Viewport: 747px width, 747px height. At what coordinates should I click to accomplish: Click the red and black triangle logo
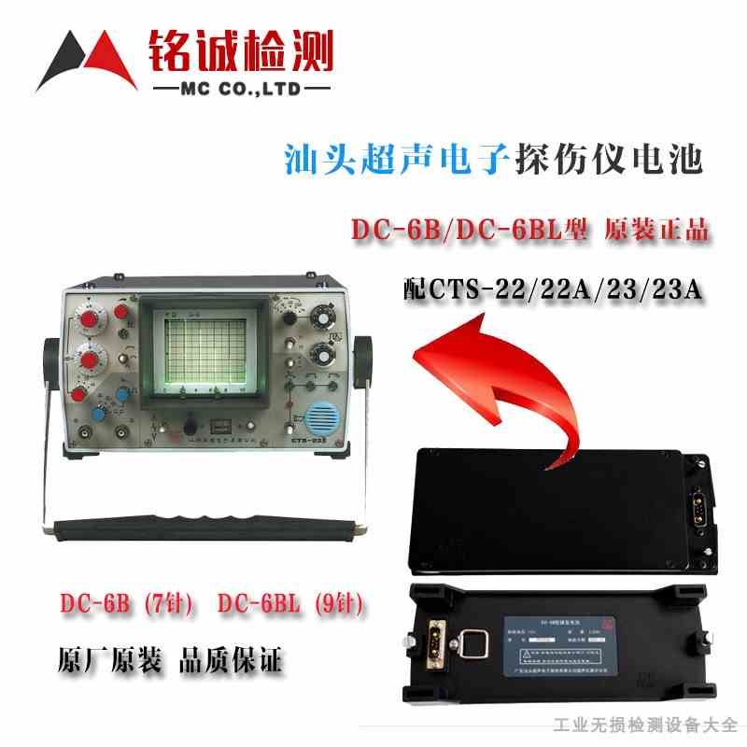[x=84, y=61]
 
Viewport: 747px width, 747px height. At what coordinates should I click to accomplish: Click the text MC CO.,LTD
[x=240, y=91]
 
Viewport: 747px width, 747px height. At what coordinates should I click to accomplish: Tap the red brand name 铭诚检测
[x=240, y=51]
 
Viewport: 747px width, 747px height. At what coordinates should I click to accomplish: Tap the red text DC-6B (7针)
[x=126, y=605]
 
